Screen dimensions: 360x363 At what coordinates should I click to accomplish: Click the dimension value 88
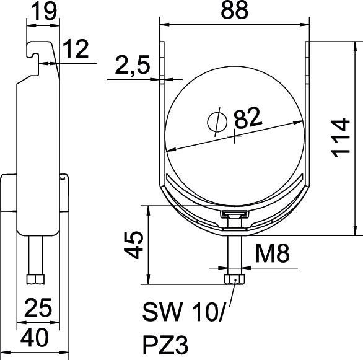tap(235, 11)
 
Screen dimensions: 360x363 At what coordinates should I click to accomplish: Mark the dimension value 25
tap(37, 305)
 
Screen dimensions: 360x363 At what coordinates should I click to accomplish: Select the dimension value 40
tap(37, 338)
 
